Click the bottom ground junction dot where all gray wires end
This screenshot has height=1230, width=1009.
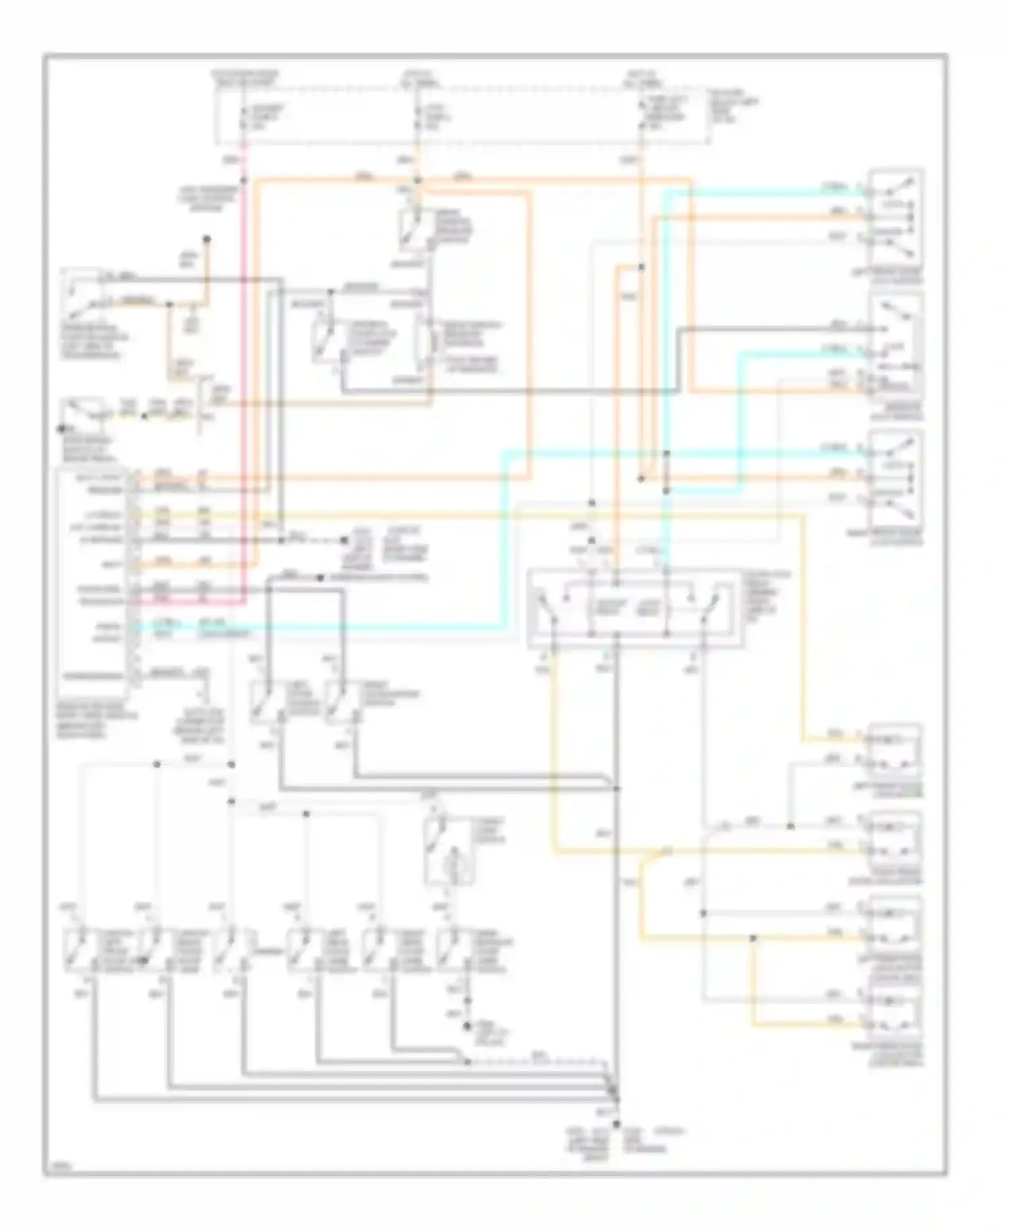[615, 1124]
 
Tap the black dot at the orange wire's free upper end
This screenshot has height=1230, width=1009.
[207, 239]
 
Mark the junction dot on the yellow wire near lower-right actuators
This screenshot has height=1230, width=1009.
[753, 938]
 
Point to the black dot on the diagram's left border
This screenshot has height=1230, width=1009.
[61, 428]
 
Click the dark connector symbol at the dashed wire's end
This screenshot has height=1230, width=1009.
[345, 540]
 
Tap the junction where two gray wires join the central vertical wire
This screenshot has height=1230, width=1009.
[615, 788]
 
